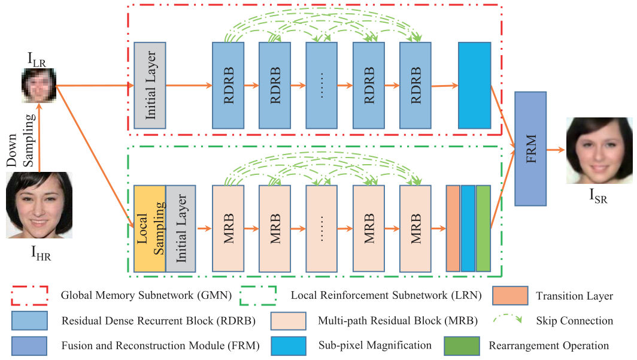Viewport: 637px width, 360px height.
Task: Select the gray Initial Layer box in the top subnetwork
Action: (150, 86)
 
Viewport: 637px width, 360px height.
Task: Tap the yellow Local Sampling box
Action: (150, 228)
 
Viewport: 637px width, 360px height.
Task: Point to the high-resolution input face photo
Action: (39, 205)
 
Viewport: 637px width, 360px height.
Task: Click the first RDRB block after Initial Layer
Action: (228, 86)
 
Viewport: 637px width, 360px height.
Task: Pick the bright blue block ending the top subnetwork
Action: (474, 86)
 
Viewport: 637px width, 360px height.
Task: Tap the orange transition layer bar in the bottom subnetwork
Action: (453, 228)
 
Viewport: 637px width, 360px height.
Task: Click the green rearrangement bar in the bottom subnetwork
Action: (483, 228)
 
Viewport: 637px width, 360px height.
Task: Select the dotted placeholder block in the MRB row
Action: (321, 228)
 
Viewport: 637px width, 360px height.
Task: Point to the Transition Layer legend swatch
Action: (510, 295)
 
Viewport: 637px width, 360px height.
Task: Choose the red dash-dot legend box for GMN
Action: (30, 295)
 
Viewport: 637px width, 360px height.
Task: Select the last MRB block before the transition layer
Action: (415, 228)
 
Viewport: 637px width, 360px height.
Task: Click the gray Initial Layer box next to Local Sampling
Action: (180, 228)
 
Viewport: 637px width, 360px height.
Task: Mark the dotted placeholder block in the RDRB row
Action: (321, 86)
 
